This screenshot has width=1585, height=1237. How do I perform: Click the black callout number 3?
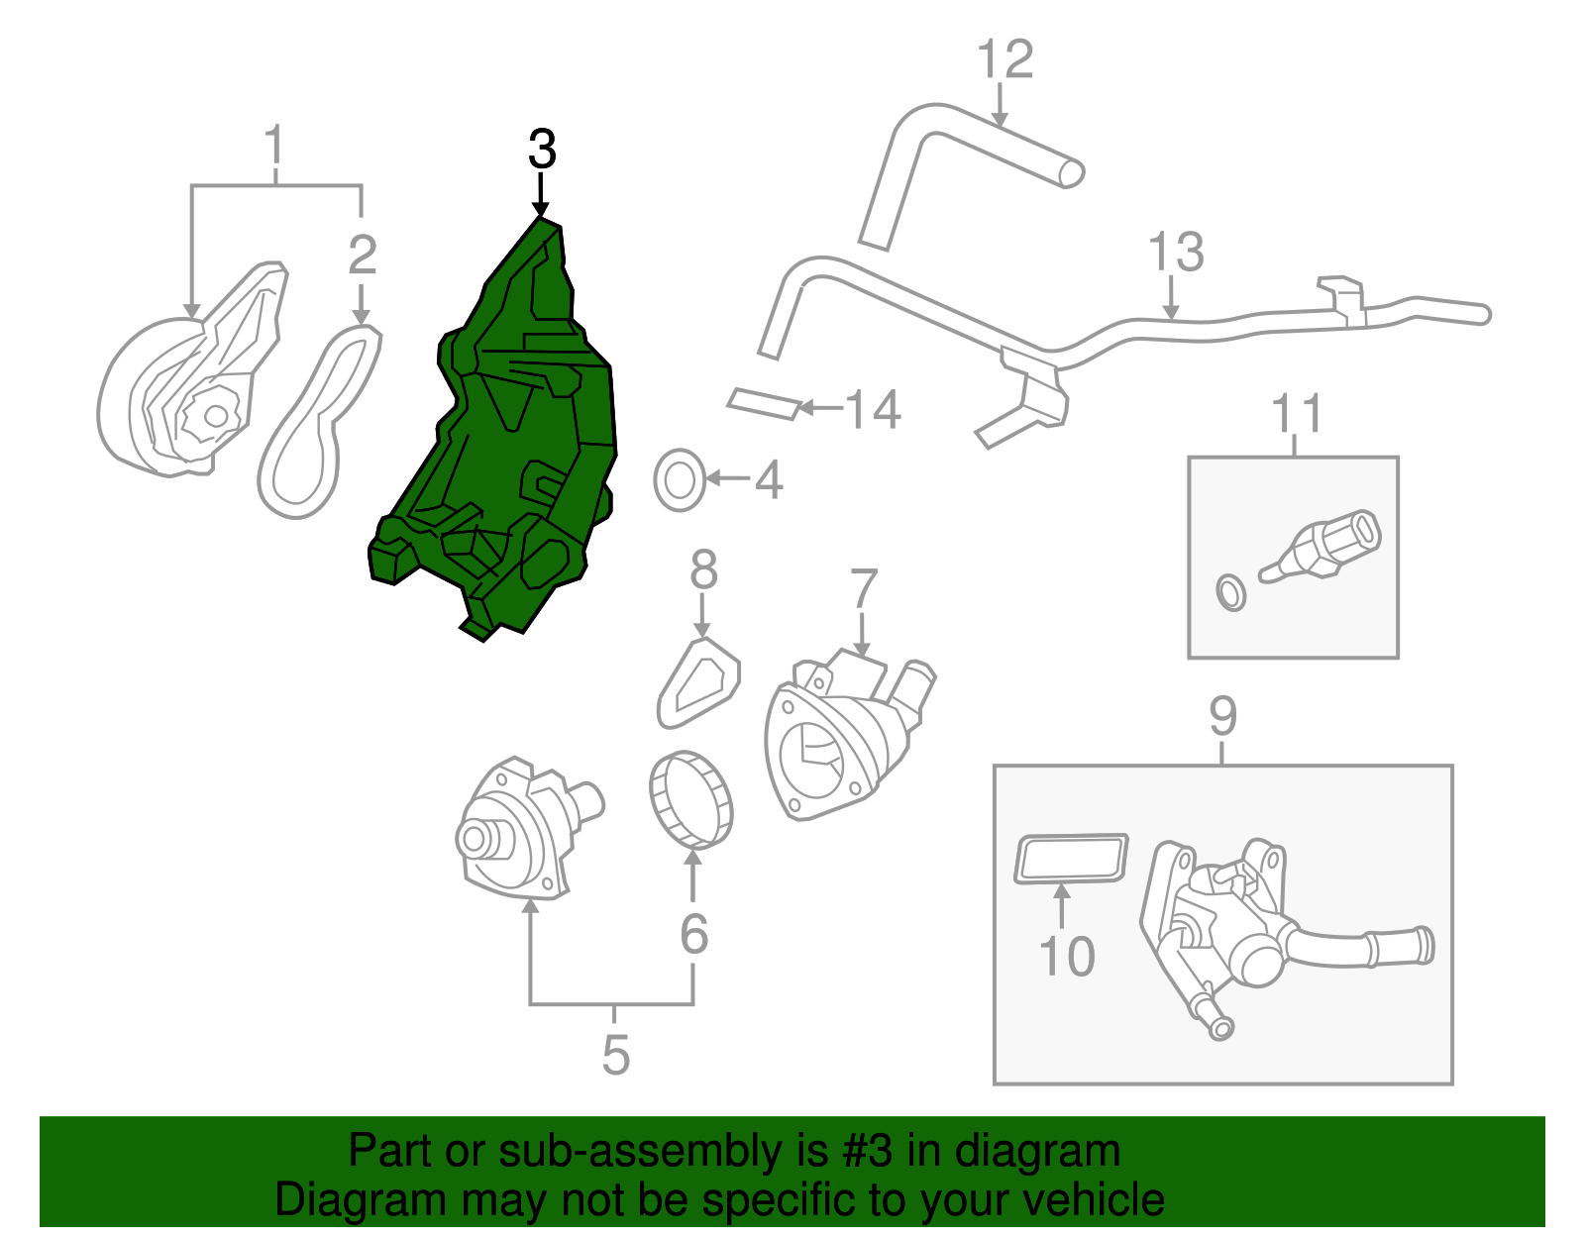pos(542,150)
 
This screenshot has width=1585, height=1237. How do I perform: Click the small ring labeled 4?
pos(679,480)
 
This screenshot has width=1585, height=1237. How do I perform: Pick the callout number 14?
pos(873,409)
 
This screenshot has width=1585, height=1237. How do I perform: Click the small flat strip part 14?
pos(764,403)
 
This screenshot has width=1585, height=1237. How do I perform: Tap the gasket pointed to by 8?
pos(699,684)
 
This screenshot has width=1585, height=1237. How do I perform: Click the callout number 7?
pos(864,588)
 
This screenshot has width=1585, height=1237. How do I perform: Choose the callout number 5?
pos(615,1055)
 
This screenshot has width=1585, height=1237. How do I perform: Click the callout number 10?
pos(1067,957)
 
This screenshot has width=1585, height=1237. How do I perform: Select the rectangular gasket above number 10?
pos(1071,858)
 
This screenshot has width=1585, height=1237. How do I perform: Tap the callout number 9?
pos(1222,715)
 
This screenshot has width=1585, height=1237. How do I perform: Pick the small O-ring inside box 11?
pos(1230,592)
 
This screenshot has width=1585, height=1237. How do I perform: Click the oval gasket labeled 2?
pos(319,421)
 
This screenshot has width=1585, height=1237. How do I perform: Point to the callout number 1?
pos(274,146)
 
